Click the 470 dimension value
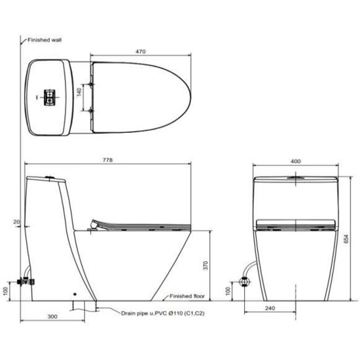click(x=140, y=52)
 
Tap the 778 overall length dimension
click(x=108, y=160)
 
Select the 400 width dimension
click(x=295, y=162)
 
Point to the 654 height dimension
click(x=346, y=238)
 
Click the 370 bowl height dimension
click(x=206, y=265)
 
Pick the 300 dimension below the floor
click(x=52, y=317)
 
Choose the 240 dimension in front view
click(x=270, y=308)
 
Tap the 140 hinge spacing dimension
click(x=79, y=92)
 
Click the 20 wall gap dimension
click(x=16, y=222)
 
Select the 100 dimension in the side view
click(x=6, y=291)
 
